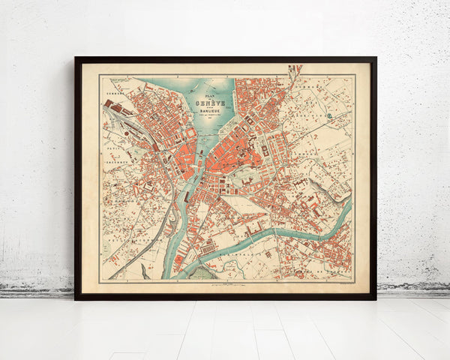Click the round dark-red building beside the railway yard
click(x=109, y=103)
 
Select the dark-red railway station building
click(x=157, y=147)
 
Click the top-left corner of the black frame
click(x=76, y=58)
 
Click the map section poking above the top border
click(x=295, y=70)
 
